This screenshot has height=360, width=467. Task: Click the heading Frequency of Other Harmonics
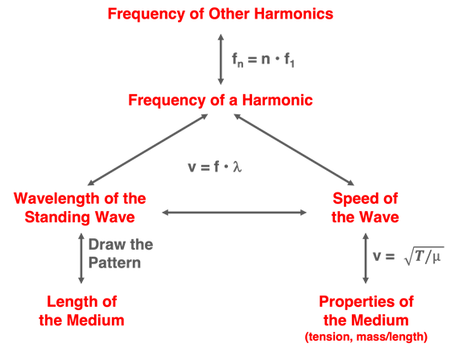[x=221, y=14]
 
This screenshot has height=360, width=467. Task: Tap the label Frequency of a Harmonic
[x=221, y=100]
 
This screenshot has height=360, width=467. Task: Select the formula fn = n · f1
[x=263, y=60]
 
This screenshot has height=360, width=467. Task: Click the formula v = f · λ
[x=215, y=167]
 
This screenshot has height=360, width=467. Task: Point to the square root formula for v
[x=408, y=256]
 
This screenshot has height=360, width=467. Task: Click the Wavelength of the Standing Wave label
[x=80, y=208]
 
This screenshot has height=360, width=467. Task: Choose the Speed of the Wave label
[x=365, y=208]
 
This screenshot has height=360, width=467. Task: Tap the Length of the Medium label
[x=81, y=311]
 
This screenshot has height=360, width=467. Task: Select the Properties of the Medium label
[x=366, y=311]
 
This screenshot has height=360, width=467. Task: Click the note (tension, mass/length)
[x=366, y=337]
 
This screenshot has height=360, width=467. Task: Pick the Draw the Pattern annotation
[x=121, y=254]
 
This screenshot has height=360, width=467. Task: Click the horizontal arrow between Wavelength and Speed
[x=234, y=213]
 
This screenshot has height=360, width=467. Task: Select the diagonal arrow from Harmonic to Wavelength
[x=147, y=150]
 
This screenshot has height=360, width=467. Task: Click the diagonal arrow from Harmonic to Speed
[x=294, y=150]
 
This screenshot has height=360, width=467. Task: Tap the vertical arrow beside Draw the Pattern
[x=81, y=258]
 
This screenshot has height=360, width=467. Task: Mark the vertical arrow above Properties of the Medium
[x=366, y=258]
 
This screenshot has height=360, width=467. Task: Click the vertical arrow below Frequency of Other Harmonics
[x=221, y=59]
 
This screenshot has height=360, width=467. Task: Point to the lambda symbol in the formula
[x=238, y=167]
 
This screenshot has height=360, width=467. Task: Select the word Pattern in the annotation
[x=114, y=263]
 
